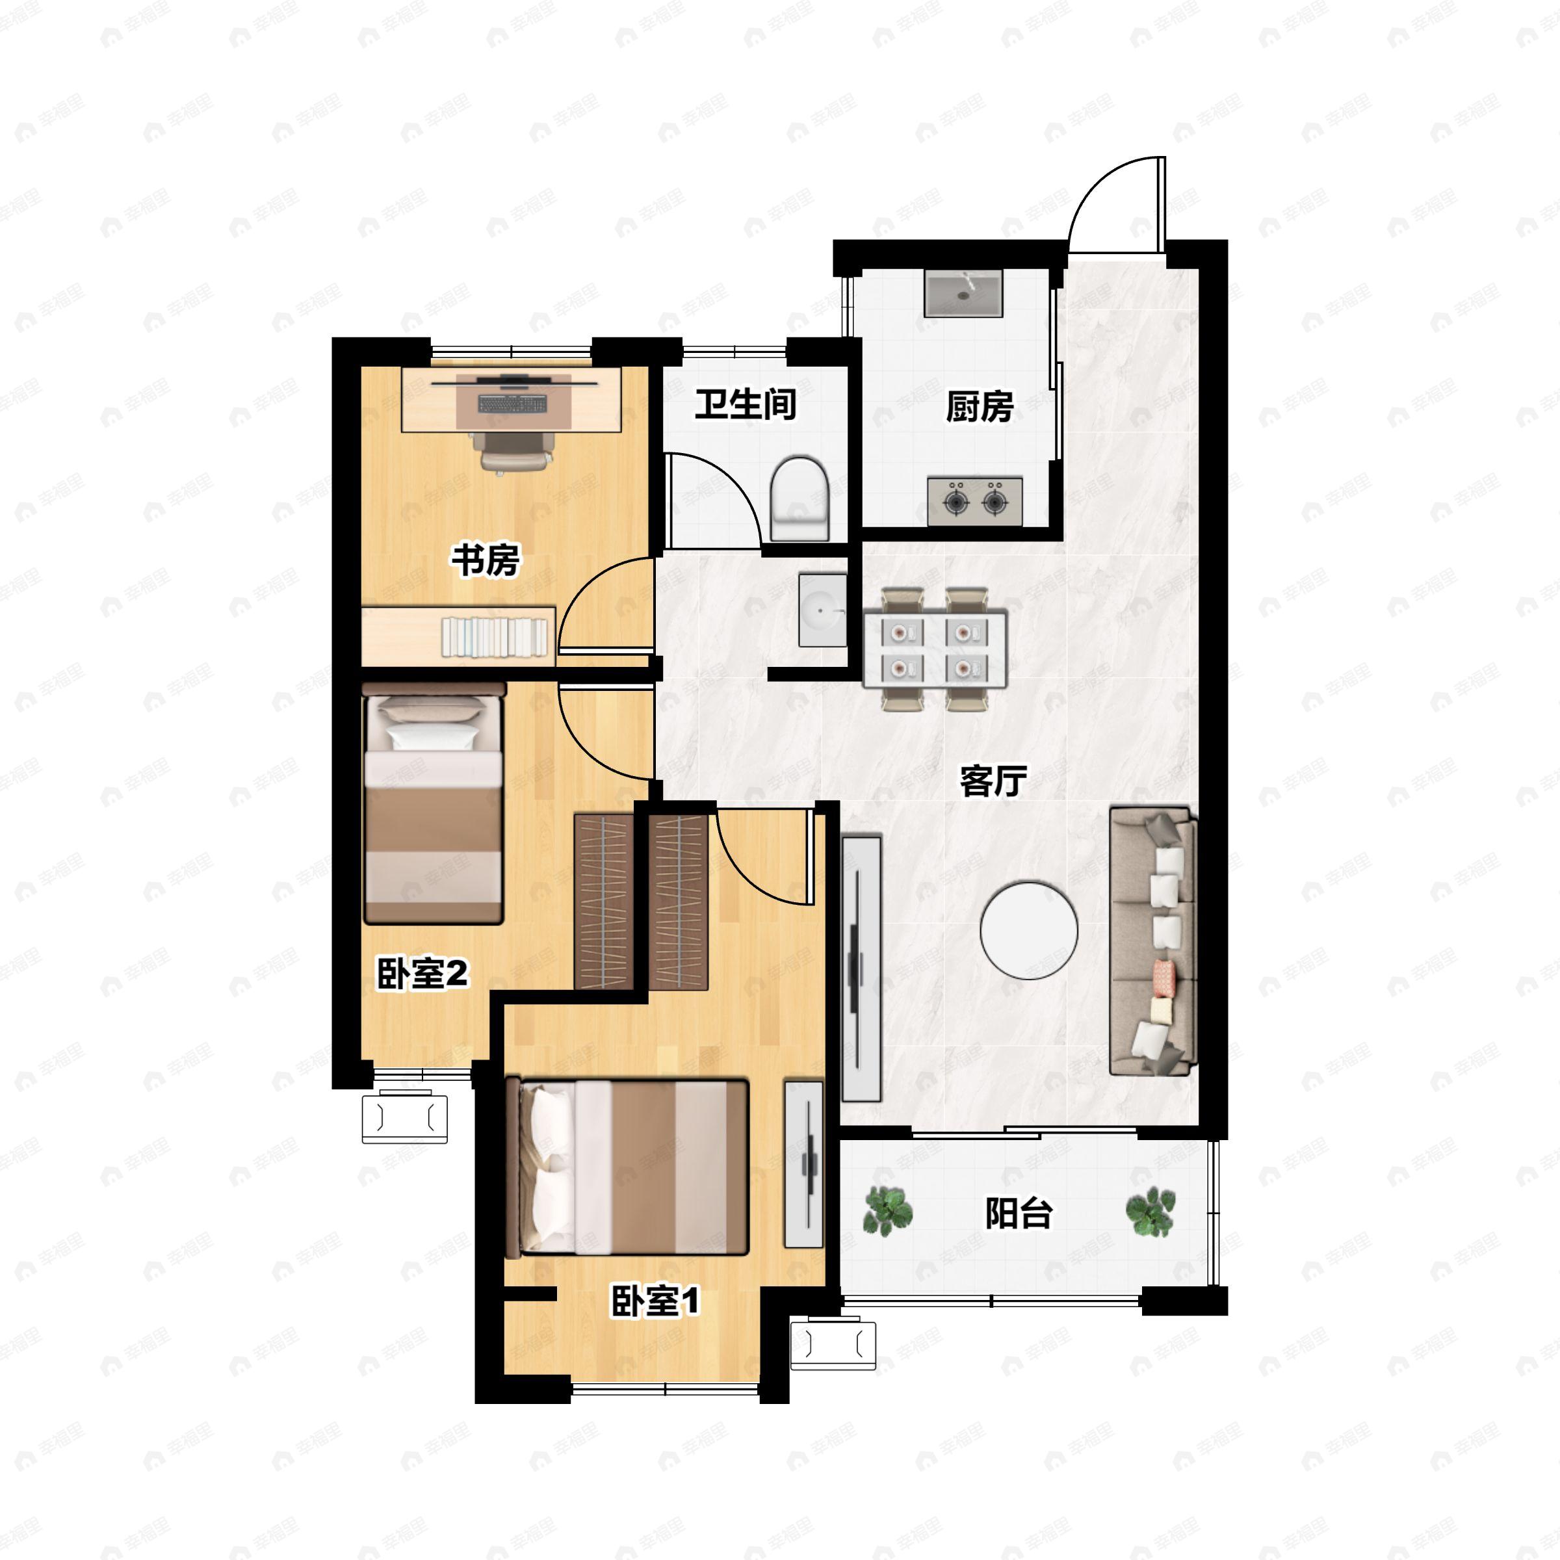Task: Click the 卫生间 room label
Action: (746, 404)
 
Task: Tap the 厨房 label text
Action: (980, 406)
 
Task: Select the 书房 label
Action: (486, 560)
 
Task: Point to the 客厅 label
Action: (993, 781)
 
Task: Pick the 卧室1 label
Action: (654, 1301)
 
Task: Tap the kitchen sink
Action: (963, 293)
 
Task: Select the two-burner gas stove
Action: (974, 501)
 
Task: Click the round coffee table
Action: (1029, 930)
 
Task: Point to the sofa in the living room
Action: (1152, 941)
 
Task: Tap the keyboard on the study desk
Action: (512, 401)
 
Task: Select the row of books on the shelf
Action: (494, 636)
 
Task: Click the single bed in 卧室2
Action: (434, 803)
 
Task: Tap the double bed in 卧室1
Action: (626, 1167)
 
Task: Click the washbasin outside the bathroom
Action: (822, 610)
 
